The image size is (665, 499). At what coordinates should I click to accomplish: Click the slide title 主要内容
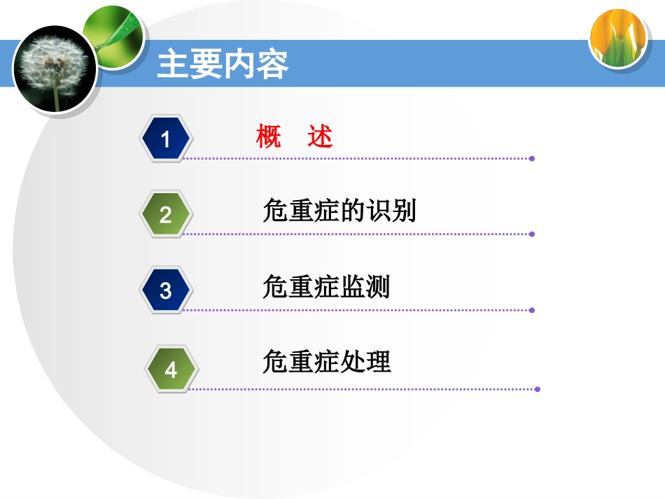(223, 65)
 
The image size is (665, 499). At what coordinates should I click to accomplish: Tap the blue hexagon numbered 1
(166, 139)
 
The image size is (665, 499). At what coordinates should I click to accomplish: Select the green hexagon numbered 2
(166, 214)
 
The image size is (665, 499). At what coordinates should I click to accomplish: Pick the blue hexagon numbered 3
(166, 290)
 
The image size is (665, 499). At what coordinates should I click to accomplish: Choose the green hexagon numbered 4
(171, 369)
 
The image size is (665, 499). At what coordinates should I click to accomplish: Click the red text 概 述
(294, 136)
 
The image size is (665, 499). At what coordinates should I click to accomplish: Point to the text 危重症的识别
(339, 211)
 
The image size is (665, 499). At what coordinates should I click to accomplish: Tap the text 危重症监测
(326, 287)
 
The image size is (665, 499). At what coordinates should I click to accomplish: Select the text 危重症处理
(326, 362)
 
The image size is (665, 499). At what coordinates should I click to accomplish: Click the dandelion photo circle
(55, 69)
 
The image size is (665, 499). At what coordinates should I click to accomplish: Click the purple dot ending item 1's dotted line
(532, 159)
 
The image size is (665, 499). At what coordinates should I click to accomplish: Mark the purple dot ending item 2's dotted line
(532, 234)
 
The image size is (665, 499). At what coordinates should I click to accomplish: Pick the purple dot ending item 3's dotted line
(532, 310)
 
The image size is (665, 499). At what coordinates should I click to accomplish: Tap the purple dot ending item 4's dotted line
(538, 389)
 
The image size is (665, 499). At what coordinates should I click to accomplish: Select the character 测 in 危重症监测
(378, 287)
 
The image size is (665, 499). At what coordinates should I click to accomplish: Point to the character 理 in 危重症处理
(378, 362)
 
